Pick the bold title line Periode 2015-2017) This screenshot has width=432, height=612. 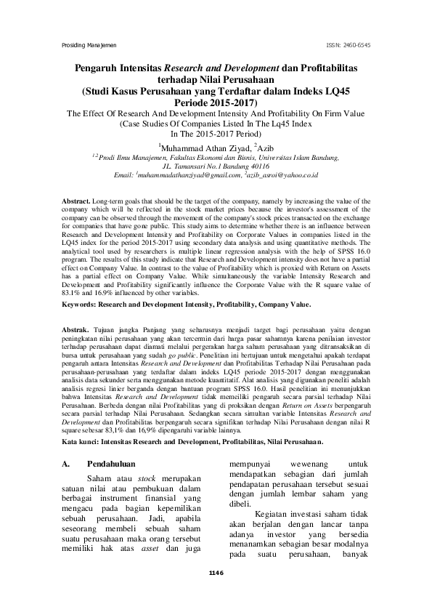[x=216, y=104]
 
